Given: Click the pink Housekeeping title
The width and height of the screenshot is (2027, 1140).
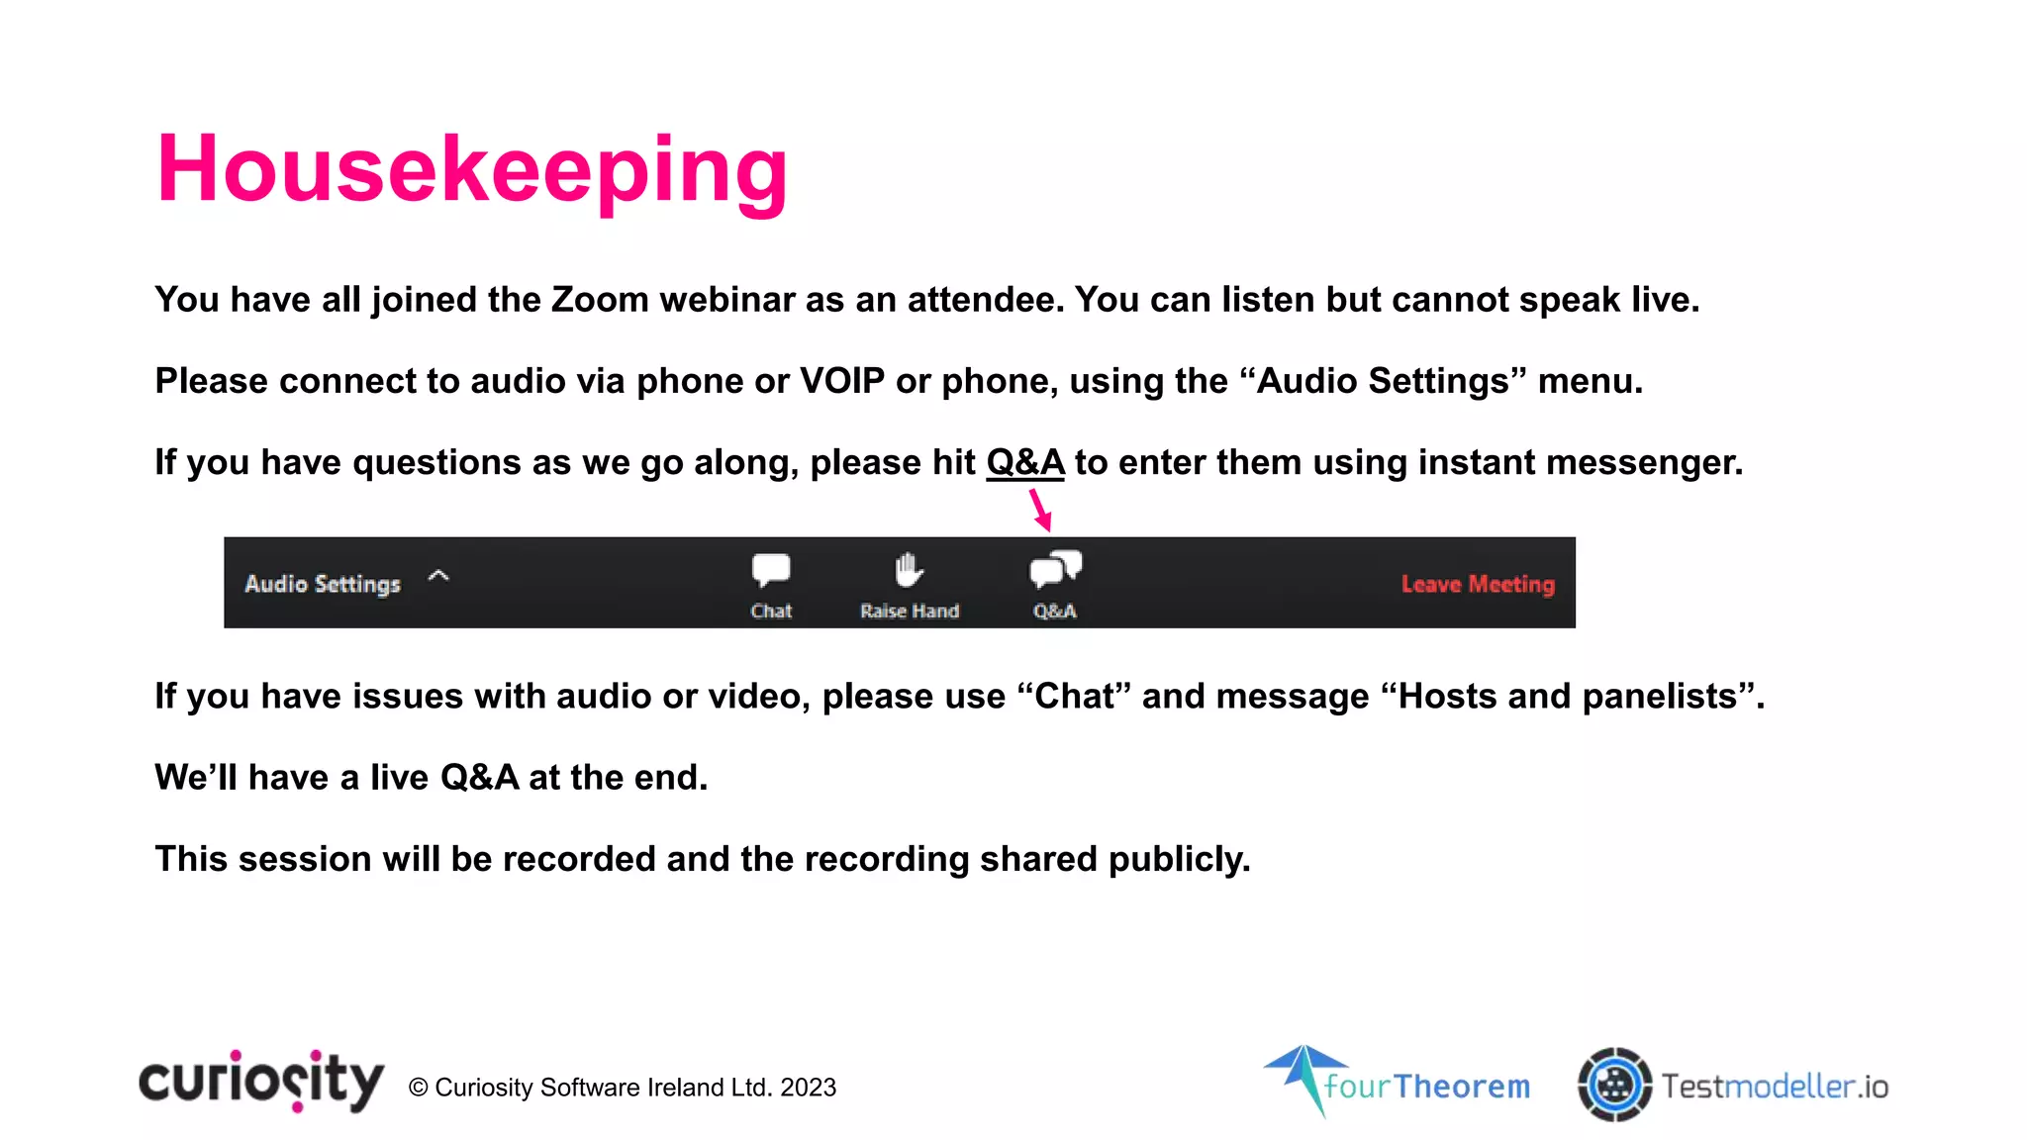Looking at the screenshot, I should coord(472,170).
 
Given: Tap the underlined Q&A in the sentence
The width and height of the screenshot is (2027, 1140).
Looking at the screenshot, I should coord(1024,462).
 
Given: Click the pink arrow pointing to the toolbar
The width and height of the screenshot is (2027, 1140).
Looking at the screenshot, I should coord(1039,510).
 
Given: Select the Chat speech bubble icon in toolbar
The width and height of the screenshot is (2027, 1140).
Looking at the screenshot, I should coord(771,570).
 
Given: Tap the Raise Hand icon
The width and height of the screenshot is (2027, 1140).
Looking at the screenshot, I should coord(909,570).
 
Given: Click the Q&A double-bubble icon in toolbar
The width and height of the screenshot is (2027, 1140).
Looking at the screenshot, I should coord(1055,570).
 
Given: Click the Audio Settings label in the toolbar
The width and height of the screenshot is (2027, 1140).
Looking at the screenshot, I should coord(323,584).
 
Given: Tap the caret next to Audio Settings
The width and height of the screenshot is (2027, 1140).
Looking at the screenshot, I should coord(438,576).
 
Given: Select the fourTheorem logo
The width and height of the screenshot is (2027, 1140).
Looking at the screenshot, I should coord(1398,1083).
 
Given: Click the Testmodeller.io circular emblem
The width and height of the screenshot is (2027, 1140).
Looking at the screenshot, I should coord(1614,1085).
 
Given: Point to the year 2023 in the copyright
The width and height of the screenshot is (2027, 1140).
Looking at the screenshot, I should coord(808,1088).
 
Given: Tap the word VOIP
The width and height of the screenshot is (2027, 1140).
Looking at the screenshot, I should coord(841,381).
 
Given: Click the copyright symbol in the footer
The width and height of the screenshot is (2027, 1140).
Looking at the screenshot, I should coord(418,1088).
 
